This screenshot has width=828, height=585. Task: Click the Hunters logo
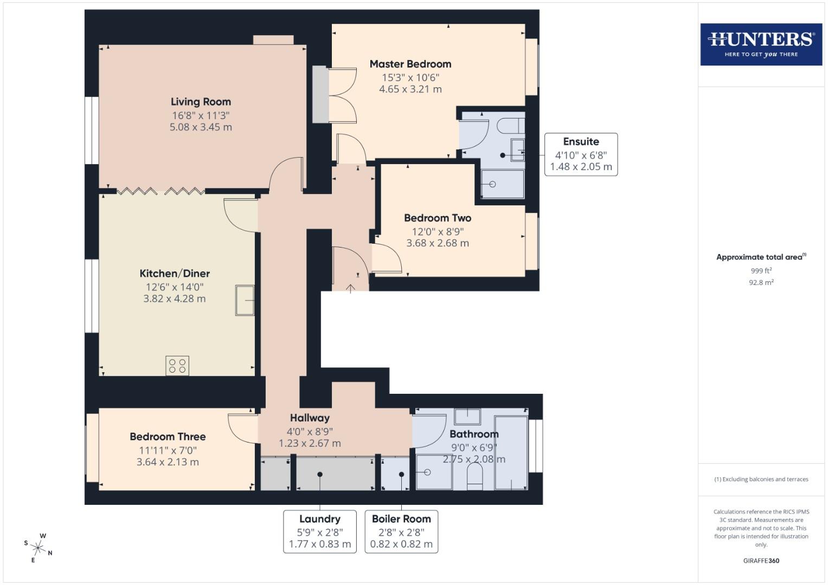[x=761, y=44]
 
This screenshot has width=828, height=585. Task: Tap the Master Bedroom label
[x=410, y=64]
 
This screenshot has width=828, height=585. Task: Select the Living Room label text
[x=201, y=102]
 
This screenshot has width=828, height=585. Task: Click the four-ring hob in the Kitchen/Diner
[x=177, y=366]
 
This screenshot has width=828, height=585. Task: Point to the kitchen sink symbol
[x=245, y=300]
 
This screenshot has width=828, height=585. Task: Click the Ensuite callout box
[x=581, y=154]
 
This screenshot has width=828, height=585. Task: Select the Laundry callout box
[x=319, y=531]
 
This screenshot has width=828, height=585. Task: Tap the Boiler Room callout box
[x=401, y=531]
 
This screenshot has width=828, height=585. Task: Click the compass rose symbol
[x=38, y=548]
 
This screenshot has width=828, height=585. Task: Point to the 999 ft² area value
[x=761, y=271]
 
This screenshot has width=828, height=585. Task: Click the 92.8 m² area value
[x=761, y=282]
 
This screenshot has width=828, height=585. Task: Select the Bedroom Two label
[x=437, y=218]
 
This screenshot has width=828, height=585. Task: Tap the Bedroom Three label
[x=168, y=437]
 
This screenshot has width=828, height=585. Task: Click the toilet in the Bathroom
[x=474, y=477]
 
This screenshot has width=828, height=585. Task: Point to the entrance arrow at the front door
[x=350, y=288]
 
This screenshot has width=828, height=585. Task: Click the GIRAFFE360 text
[x=761, y=561]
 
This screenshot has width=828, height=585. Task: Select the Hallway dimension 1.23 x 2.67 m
[x=310, y=443]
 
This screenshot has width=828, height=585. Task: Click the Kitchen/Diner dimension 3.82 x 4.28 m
[x=174, y=298]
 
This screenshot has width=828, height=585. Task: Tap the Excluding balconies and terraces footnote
[x=761, y=479]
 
